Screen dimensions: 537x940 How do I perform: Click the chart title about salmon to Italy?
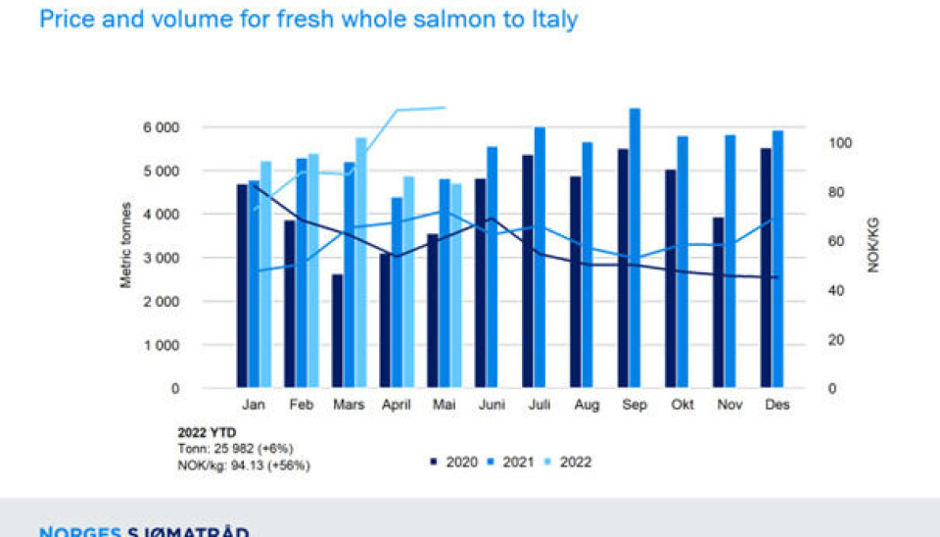(x=308, y=19)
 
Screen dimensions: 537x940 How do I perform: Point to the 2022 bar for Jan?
(x=265, y=273)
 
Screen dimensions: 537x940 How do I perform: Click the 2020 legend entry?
(x=454, y=461)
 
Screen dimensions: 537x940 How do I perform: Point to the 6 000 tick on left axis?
(x=162, y=127)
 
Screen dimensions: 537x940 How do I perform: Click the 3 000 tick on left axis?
(x=162, y=258)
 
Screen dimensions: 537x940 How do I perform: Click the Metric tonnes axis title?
(x=125, y=245)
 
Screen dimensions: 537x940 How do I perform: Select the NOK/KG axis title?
(x=873, y=245)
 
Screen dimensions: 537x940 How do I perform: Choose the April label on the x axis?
(x=396, y=405)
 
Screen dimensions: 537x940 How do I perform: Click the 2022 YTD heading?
(x=207, y=432)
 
